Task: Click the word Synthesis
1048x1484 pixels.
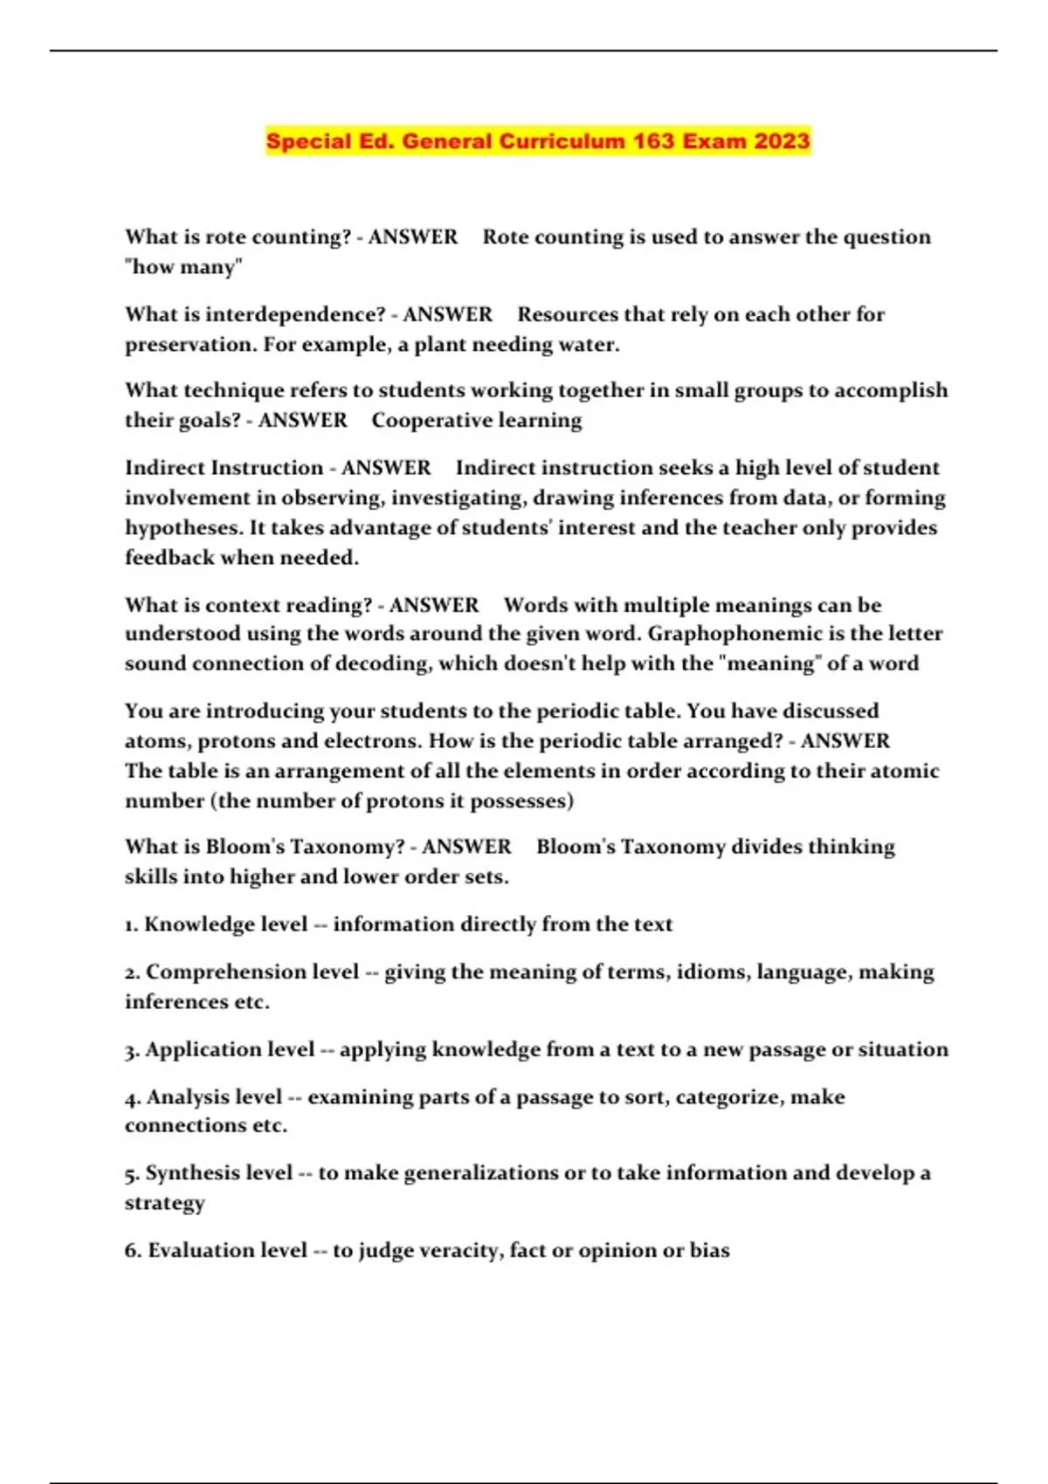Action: click(x=218, y=1172)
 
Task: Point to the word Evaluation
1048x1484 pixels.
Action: click(x=227, y=1250)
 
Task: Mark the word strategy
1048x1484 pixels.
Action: click(x=164, y=1203)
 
